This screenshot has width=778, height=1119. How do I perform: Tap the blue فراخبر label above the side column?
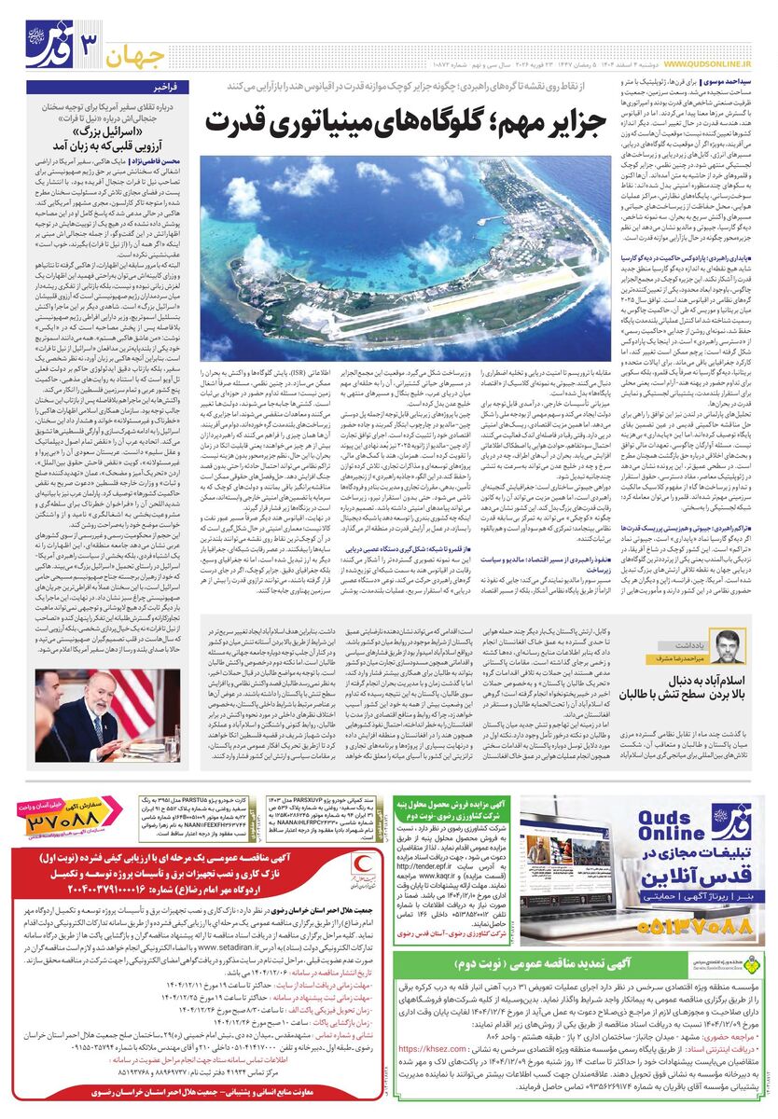[174, 86]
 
